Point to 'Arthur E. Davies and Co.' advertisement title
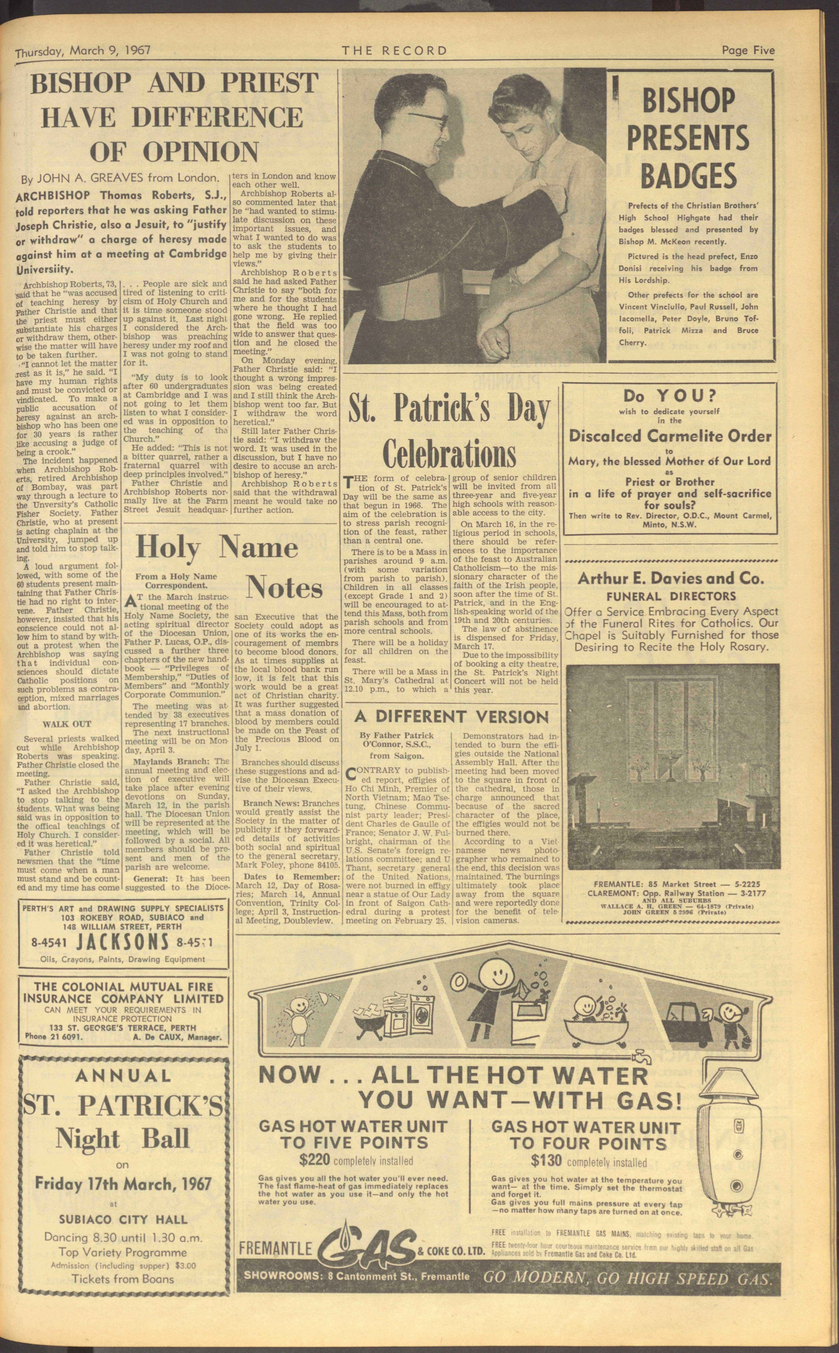point(671,578)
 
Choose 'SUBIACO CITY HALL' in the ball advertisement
point(123,1231)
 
